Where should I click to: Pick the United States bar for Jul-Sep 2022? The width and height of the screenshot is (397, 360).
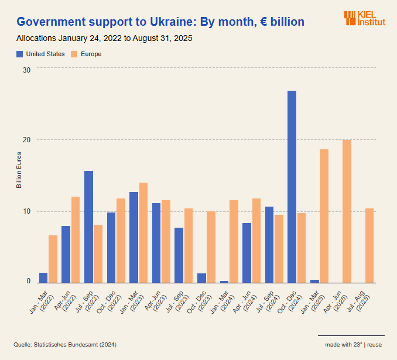point(88,227)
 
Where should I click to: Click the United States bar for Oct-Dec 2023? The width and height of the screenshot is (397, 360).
point(201,277)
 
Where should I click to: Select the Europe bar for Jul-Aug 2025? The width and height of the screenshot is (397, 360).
point(369,245)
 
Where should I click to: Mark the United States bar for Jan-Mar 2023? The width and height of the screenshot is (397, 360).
point(134,237)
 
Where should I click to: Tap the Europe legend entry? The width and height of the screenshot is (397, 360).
point(86,54)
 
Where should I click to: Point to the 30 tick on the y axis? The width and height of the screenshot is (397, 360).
point(26,70)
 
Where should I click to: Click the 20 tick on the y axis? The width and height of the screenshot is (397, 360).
point(26,140)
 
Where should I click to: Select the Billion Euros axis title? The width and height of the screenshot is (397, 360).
point(19,170)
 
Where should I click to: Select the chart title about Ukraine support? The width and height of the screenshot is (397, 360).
point(160,22)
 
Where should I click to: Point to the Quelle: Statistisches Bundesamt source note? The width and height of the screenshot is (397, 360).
point(65,345)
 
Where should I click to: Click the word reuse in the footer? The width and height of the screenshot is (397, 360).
point(375,345)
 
